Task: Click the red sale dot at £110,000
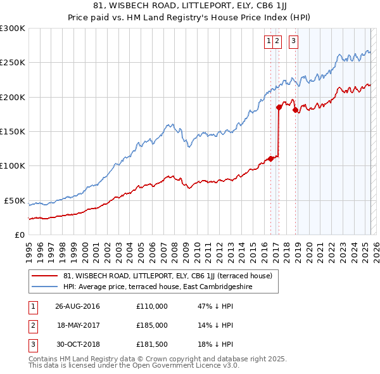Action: click(x=271, y=158)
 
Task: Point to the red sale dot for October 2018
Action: click(x=295, y=110)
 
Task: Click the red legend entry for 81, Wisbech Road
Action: click(x=167, y=276)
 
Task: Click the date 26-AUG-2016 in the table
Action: click(x=78, y=306)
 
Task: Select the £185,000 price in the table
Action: click(x=152, y=325)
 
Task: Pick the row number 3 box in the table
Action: click(x=32, y=344)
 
